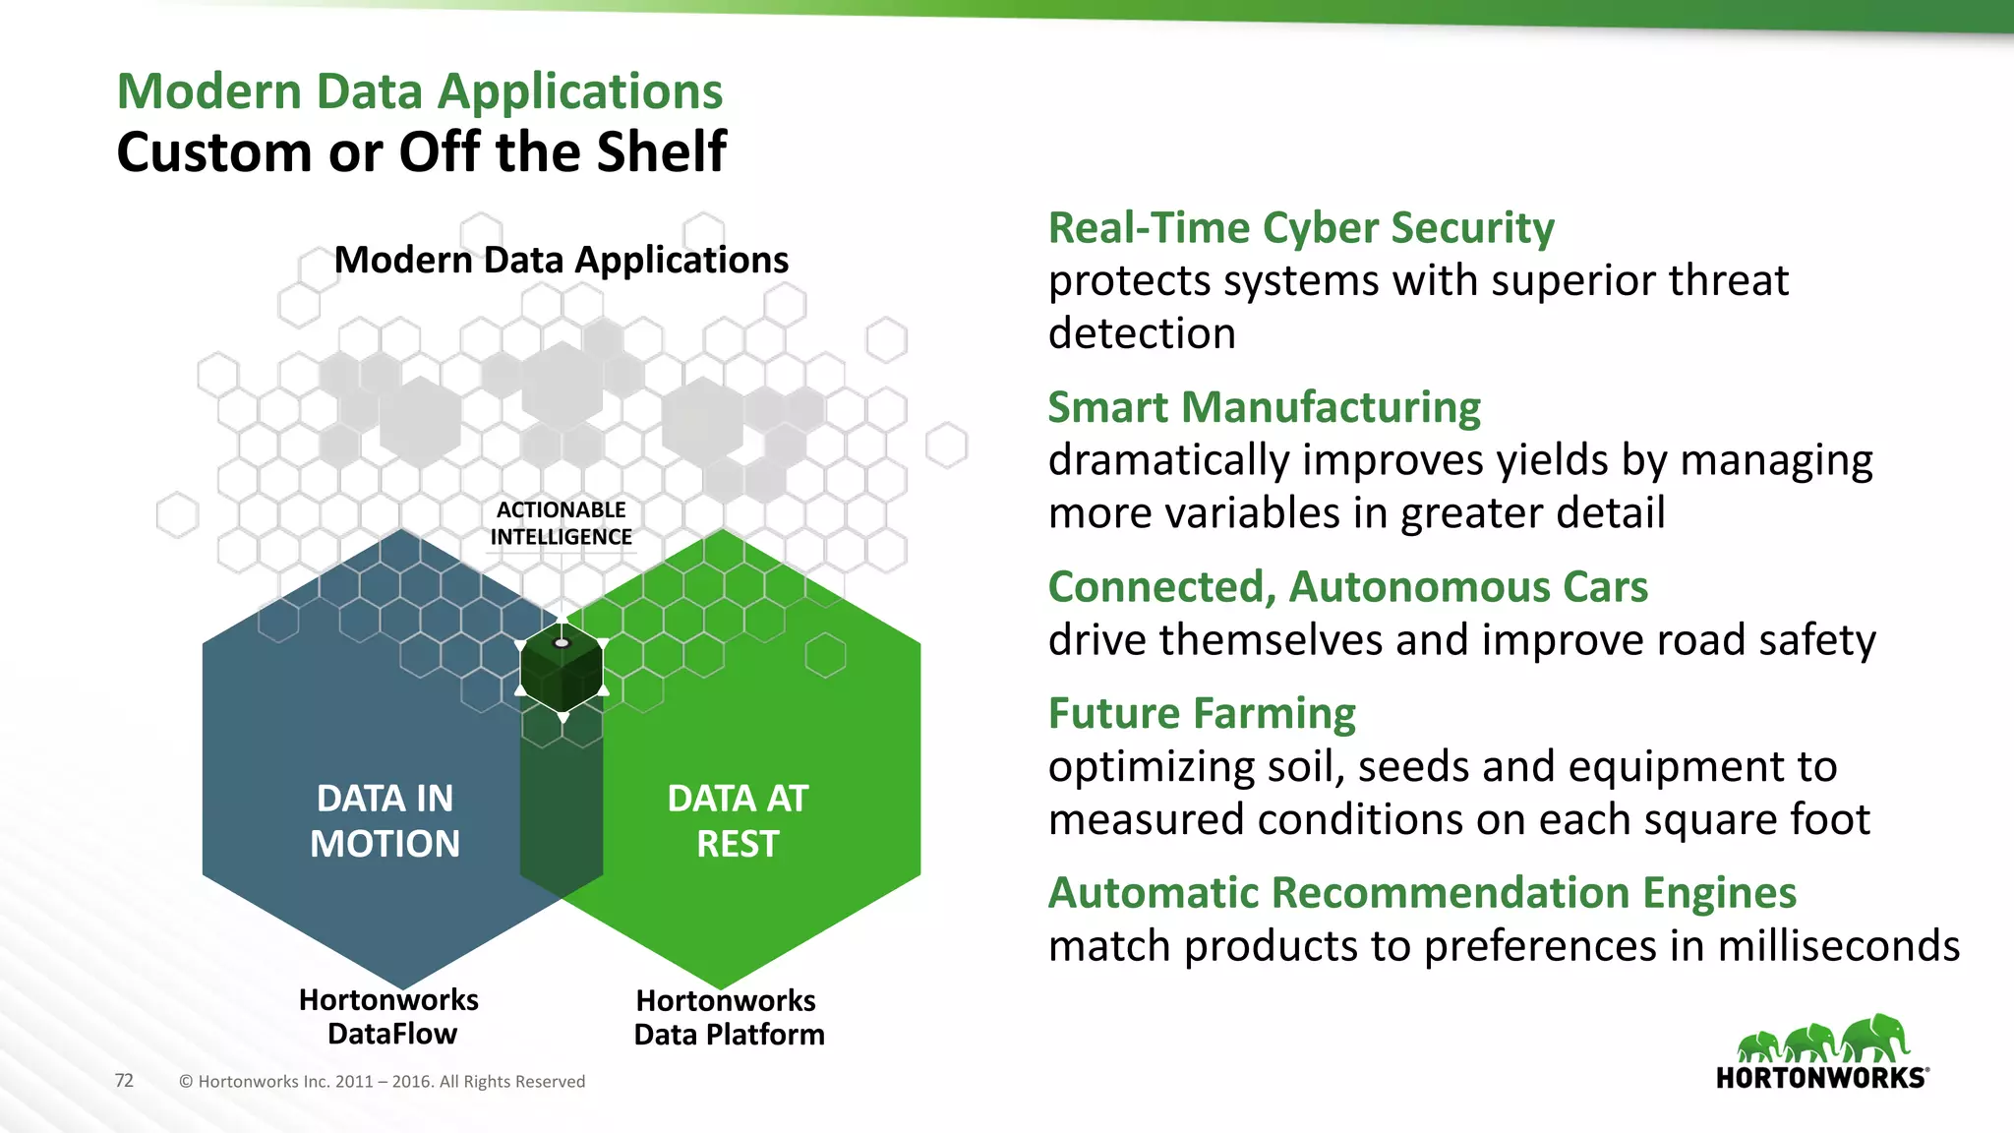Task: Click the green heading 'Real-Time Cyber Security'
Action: coord(1300,228)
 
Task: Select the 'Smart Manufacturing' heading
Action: coord(1264,407)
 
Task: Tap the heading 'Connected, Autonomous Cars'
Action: coord(1347,587)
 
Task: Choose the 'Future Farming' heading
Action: coord(1202,713)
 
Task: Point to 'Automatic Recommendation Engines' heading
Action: coord(1422,893)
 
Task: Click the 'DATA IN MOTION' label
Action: coord(385,821)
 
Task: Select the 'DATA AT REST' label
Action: coord(738,821)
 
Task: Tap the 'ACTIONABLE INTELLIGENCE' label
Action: coord(561,523)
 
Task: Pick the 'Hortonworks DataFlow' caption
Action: coord(389,1017)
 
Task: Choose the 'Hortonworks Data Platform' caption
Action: coord(728,1018)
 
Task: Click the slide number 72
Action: coord(124,1080)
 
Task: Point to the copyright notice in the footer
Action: coord(382,1082)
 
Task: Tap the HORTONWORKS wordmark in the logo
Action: coord(1821,1078)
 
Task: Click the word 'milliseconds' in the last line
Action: coord(1839,946)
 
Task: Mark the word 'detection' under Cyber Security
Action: coord(1141,333)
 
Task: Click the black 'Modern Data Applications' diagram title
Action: coord(561,260)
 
